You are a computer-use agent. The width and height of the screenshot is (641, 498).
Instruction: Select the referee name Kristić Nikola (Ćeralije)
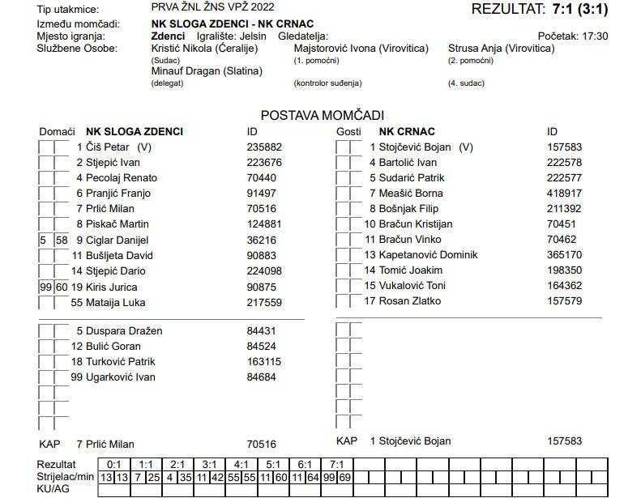[204, 49]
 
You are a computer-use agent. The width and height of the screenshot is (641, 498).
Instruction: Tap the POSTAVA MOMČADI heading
[322, 116]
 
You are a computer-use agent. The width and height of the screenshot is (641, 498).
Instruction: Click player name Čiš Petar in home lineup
[107, 147]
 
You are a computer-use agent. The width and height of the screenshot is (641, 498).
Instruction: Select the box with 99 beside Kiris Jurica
[45, 287]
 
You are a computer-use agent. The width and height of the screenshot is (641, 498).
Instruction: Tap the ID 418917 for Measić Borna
[564, 194]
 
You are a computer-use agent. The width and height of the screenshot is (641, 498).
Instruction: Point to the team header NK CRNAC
[407, 131]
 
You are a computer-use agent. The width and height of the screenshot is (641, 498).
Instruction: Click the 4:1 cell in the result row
[241, 465]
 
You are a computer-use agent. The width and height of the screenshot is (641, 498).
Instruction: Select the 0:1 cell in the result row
[114, 465]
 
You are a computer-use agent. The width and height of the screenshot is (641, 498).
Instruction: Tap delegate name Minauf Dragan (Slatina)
[207, 71]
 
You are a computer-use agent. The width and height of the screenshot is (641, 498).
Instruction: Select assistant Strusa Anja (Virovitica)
[501, 49]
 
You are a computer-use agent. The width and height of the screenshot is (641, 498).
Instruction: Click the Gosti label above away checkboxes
[348, 132]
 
